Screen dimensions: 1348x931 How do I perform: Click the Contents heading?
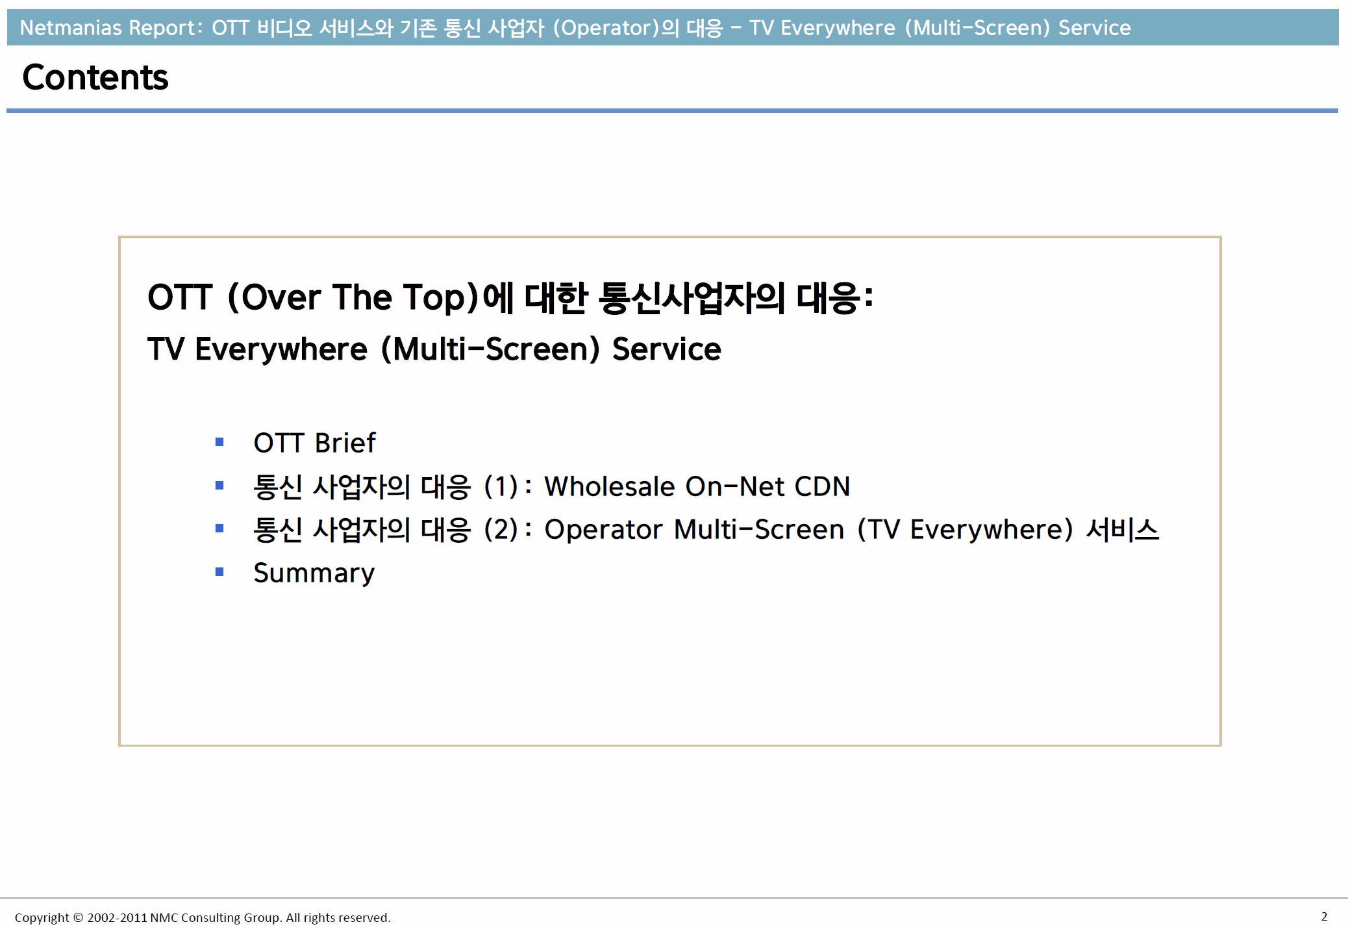tap(95, 77)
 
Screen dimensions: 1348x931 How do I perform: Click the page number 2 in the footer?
tap(1324, 916)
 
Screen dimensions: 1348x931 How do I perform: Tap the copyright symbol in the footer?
tap(78, 917)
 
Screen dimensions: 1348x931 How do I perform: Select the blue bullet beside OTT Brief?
tap(219, 442)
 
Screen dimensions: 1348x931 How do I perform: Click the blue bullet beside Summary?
tap(219, 572)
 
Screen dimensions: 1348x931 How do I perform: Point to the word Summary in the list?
tap(314, 573)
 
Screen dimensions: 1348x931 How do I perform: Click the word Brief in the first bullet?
tap(345, 443)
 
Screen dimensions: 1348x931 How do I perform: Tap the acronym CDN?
tap(822, 486)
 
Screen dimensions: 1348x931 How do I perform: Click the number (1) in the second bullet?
tap(501, 486)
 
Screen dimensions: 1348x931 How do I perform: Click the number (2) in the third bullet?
tap(501, 529)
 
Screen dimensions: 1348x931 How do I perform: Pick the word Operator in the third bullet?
tap(603, 530)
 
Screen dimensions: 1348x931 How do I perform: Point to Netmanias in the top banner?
tap(71, 28)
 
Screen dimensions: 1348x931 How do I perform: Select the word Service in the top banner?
tap(1095, 28)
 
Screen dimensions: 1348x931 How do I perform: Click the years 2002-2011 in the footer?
tap(117, 917)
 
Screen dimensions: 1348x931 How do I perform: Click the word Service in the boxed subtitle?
tap(667, 349)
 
